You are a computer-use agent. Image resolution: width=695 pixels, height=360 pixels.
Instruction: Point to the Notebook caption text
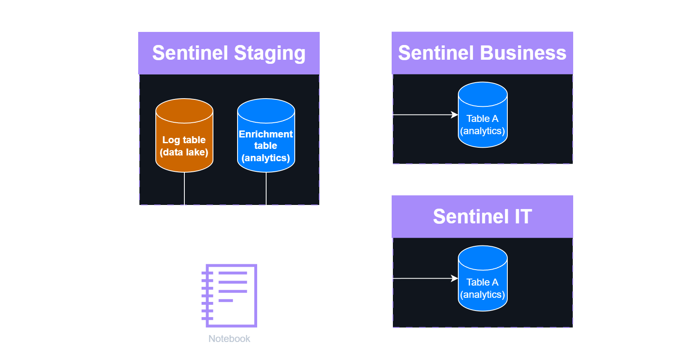(x=229, y=339)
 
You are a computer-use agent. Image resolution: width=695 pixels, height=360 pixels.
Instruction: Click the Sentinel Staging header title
(x=229, y=53)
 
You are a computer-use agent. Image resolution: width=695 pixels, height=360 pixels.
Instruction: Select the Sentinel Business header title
(x=482, y=53)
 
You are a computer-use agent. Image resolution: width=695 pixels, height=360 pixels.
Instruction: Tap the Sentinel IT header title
(x=482, y=216)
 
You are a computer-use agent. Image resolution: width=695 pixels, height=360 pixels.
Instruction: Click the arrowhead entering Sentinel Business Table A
(x=455, y=115)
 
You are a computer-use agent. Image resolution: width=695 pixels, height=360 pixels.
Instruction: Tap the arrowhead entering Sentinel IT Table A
(x=455, y=279)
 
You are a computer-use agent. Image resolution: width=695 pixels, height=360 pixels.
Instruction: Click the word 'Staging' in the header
(x=270, y=54)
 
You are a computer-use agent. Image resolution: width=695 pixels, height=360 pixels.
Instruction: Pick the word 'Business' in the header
(x=523, y=53)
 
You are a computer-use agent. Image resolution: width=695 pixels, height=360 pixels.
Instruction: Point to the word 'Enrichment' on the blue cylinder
(x=266, y=134)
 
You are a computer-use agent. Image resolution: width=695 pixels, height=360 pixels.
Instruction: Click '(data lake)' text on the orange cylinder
(x=184, y=152)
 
